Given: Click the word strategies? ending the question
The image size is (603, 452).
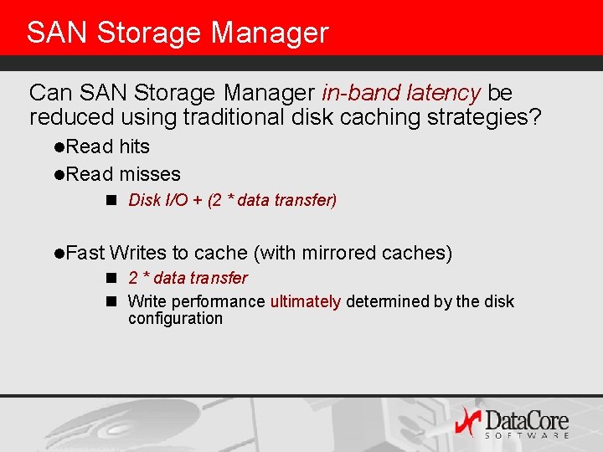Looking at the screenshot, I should point(484,118).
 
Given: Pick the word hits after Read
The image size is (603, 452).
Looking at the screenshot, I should point(134,147).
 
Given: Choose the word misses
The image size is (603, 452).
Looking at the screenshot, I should point(150,174).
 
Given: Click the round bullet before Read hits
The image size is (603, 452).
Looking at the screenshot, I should point(59,148).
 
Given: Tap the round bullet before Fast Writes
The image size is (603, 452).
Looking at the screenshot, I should point(59,254).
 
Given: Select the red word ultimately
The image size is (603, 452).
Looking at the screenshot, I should point(306,301).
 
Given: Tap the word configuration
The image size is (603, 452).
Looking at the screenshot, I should point(175,319).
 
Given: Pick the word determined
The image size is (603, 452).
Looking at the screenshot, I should point(384,301).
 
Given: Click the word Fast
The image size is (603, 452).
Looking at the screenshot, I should point(85,253).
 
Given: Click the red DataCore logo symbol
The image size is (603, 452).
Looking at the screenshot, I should point(467,421).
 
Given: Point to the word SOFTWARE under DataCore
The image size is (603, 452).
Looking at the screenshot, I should point(528,435).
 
